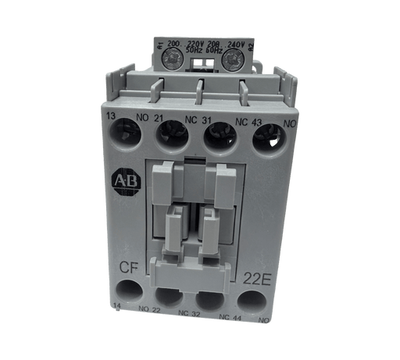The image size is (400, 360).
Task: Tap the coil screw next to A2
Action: point(231,57)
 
